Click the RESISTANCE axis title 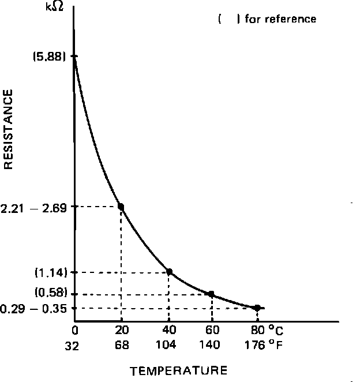(9, 132)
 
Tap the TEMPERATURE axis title (178, 370)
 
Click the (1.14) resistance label (51, 272)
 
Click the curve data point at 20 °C (121, 206)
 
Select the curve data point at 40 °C (169, 271)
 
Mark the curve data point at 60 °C (211, 294)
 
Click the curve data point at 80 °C (257, 308)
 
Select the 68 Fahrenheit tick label (122, 345)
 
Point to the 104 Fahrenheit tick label (168, 345)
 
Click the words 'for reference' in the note (280, 19)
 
